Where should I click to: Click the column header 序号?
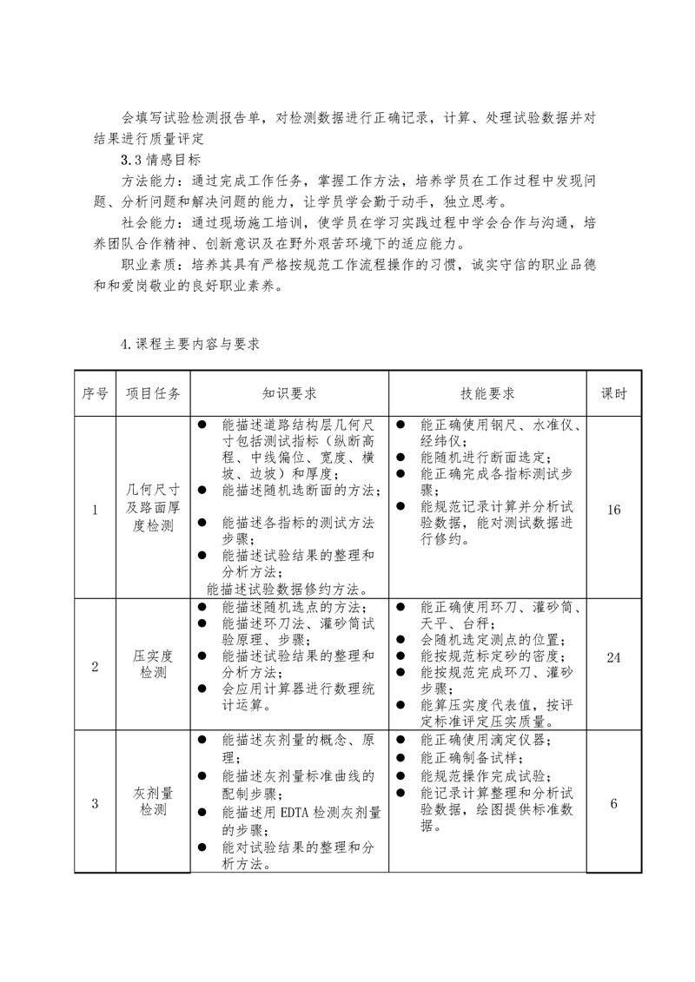coord(95,393)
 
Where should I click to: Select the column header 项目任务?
coord(153,393)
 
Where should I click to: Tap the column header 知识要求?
coord(289,393)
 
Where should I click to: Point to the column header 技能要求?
coord(487,393)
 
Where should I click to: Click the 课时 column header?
coord(614,393)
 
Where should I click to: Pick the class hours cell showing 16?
coord(614,510)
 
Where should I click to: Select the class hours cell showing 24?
coord(614,657)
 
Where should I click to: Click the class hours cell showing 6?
coord(614,803)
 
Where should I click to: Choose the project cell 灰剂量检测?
coord(153,802)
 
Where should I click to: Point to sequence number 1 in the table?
coord(95,510)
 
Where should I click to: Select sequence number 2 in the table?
coord(95,666)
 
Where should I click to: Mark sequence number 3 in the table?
coord(95,803)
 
